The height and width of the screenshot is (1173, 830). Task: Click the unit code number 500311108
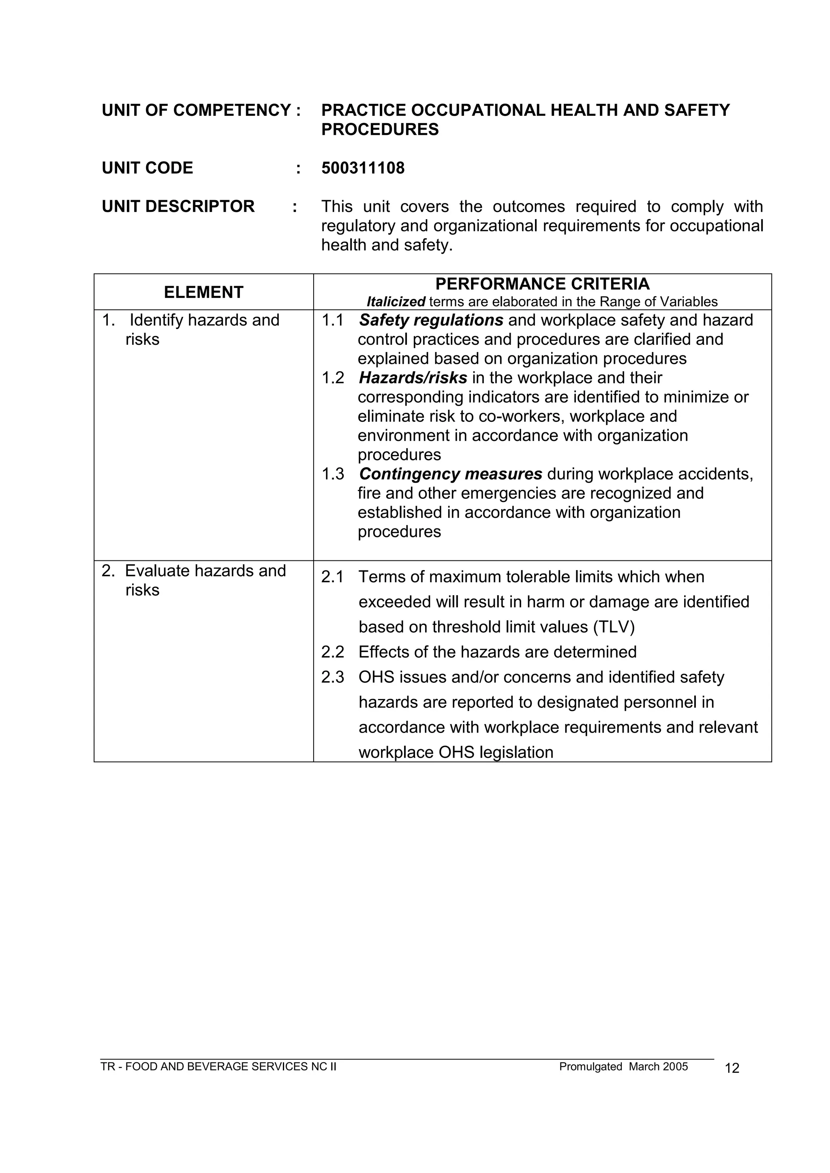coord(362,168)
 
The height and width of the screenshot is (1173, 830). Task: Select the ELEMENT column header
coord(203,292)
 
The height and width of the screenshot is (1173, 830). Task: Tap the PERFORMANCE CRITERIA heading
coord(542,284)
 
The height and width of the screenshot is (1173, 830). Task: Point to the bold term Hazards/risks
coord(413,378)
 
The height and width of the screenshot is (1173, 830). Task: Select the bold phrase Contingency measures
coord(450,474)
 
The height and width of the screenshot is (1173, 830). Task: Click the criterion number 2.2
coord(333,652)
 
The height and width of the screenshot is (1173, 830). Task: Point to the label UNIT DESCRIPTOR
coord(178,206)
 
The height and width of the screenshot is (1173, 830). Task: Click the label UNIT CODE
coord(147,168)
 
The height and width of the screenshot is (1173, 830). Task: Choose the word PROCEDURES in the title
coord(380,130)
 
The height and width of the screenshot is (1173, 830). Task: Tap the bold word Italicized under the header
coord(396,302)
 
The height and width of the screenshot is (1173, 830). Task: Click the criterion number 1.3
coord(333,474)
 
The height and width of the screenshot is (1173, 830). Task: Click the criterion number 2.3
coord(333,677)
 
